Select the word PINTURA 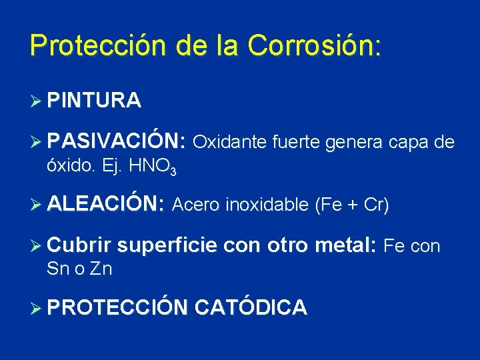click(x=94, y=101)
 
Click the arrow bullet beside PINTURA click(x=37, y=101)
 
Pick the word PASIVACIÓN click(x=116, y=141)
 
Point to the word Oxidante click(x=230, y=142)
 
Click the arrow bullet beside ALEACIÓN click(x=37, y=205)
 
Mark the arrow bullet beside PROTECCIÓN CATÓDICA click(x=37, y=307)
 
